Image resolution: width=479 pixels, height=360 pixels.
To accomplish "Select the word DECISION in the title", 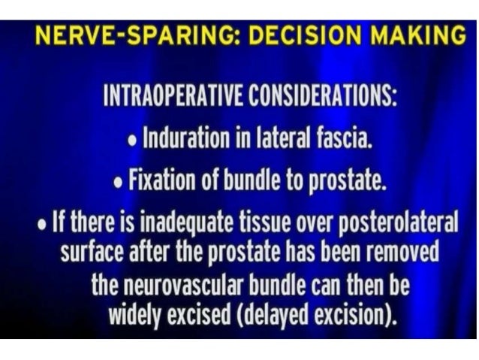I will pos(283,36).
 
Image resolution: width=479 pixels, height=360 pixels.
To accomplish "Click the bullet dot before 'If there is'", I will pos(44,224).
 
